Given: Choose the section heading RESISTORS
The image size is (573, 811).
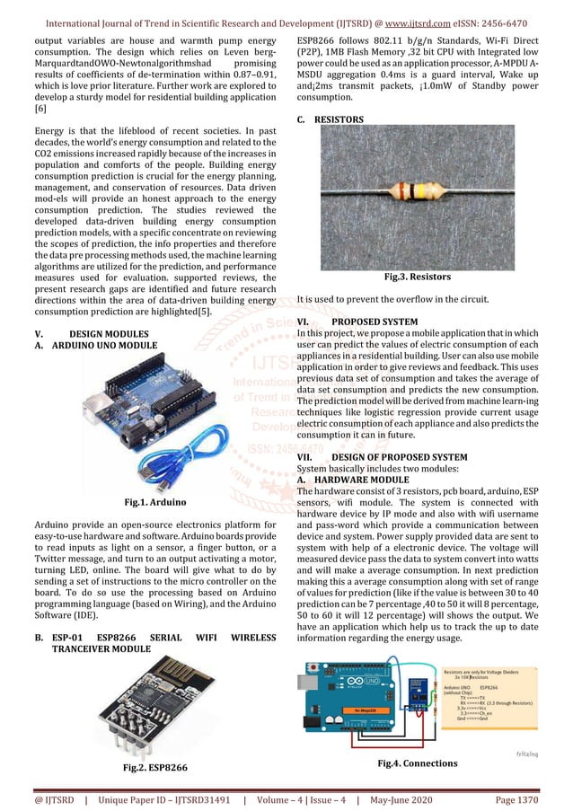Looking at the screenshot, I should (339, 119).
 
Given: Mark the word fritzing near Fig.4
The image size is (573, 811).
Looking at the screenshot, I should (531, 754).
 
